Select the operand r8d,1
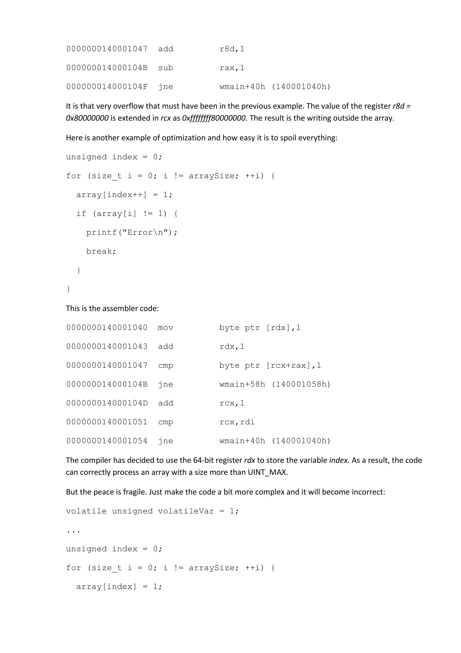(232, 49)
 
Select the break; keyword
(101, 251)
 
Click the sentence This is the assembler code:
(112, 308)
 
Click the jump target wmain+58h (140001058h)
(275, 384)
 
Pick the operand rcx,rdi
(237, 422)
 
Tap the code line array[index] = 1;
(119, 587)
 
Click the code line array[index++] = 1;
(124, 195)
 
